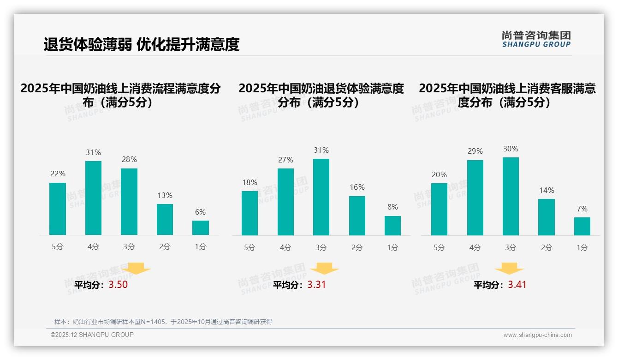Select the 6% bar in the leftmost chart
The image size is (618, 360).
[201, 228]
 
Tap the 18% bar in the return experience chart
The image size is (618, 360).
[250, 213]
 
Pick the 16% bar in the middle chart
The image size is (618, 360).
[357, 216]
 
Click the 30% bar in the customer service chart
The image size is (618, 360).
[511, 196]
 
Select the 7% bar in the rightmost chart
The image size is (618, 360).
[582, 226]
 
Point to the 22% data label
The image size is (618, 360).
[58, 174]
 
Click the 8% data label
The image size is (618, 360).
[392, 207]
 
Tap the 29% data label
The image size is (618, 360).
[475, 151]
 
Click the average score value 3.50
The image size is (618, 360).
[118, 285]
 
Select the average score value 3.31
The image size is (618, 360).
[316, 285]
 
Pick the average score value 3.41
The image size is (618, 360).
[517, 285]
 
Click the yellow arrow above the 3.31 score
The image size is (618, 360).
[324, 269]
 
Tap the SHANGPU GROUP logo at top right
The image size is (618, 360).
[536, 39]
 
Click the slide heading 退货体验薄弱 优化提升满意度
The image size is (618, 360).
[142, 45]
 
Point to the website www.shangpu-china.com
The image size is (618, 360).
[537, 335]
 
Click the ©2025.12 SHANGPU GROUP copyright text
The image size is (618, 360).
[92, 335]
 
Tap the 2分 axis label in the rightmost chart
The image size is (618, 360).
[547, 248]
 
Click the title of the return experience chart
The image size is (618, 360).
[321, 95]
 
